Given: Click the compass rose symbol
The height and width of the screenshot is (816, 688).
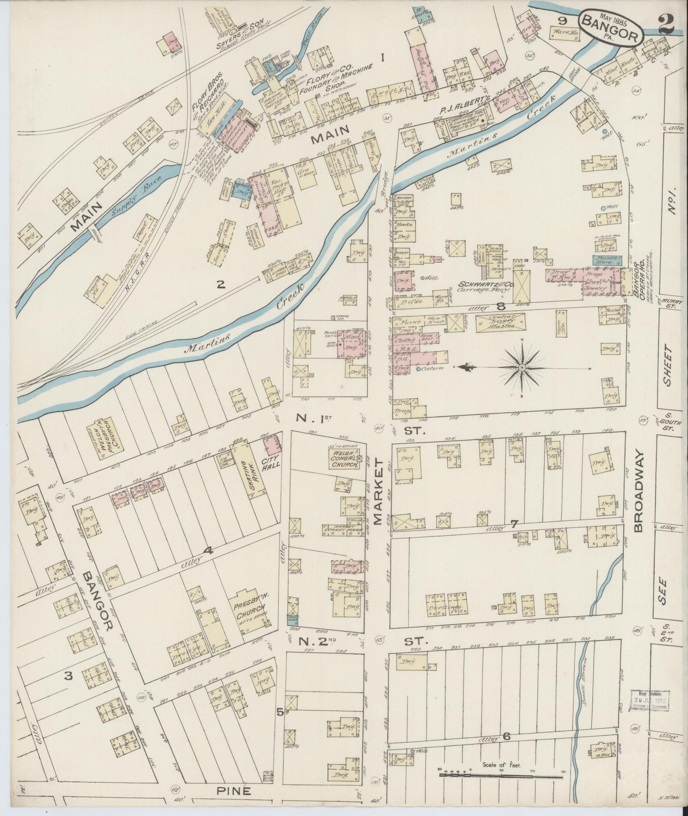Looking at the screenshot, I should [521, 368].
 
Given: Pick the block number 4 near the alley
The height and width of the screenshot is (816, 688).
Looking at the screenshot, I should [208, 551].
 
